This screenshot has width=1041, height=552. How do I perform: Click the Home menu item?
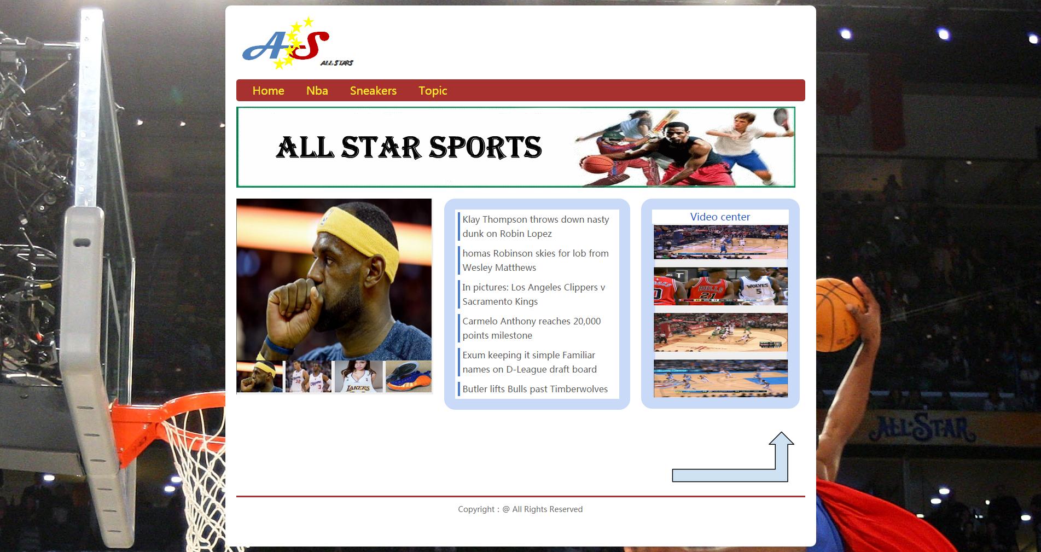tap(268, 90)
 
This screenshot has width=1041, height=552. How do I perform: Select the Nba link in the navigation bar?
tap(317, 90)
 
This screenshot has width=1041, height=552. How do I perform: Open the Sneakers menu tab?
tap(373, 90)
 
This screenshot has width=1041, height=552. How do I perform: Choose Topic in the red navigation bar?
tap(433, 91)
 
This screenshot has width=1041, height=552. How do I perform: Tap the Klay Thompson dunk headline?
tap(536, 226)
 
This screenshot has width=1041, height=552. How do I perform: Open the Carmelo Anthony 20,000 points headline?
tap(531, 328)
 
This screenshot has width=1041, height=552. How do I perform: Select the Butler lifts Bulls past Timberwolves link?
tap(535, 389)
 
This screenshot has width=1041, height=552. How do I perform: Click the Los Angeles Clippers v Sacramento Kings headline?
tap(533, 294)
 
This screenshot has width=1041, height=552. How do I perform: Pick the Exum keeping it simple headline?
tap(530, 362)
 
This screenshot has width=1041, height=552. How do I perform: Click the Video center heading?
tap(720, 217)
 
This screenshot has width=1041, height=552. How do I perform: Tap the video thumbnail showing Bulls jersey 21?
tap(720, 287)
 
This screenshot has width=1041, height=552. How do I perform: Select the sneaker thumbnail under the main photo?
tap(408, 376)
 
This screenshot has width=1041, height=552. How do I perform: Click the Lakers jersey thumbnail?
tap(358, 376)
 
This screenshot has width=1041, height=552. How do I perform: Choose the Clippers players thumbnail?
tap(309, 376)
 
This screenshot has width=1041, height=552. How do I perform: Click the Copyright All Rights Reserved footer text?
tap(520, 509)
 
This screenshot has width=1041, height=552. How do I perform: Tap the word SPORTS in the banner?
tap(485, 147)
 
